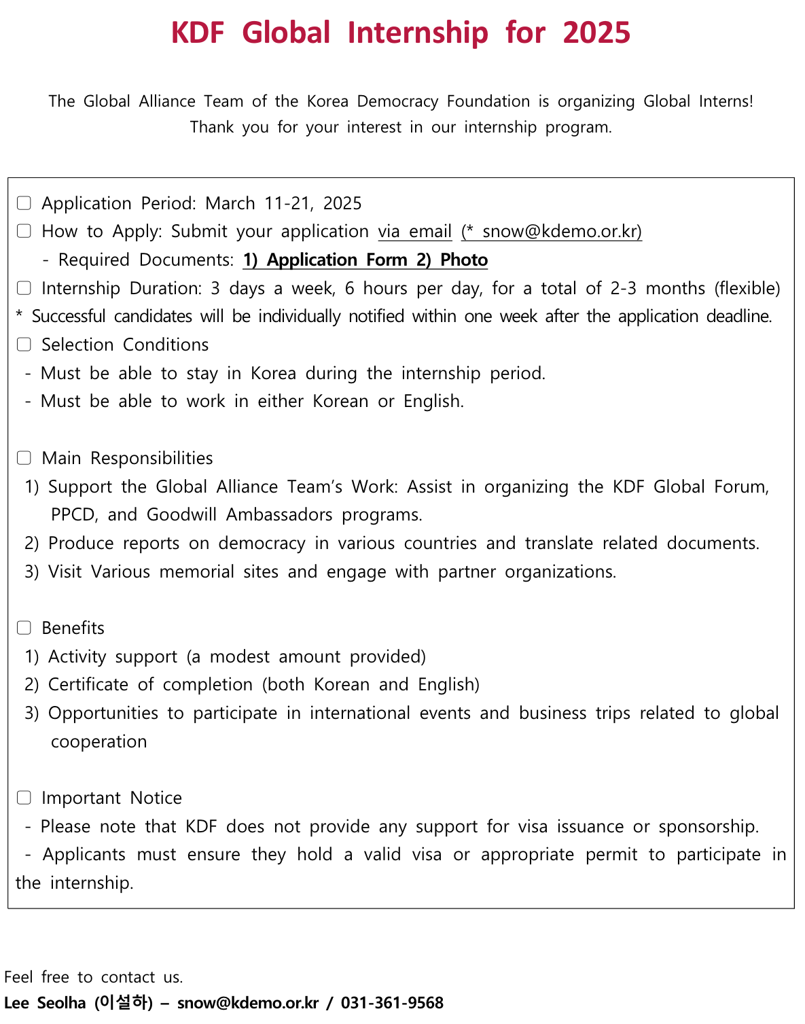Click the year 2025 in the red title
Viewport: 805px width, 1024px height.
pos(596,33)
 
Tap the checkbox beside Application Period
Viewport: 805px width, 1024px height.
pos(24,203)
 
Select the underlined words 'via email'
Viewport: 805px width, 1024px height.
pos(414,232)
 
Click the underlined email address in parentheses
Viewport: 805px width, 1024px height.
pos(552,232)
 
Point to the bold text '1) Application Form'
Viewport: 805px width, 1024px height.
pos(325,260)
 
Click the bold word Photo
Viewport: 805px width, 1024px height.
pos(464,260)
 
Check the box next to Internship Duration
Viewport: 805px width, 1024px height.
pos(24,288)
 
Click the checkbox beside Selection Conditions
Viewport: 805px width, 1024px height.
pos(24,345)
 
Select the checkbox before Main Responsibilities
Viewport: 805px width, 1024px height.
pos(24,458)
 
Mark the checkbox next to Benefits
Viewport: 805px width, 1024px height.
pos(24,628)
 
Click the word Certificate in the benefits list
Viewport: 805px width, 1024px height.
pos(88,684)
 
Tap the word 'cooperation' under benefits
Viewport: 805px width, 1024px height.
pos(99,741)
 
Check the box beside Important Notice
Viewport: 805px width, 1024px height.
pos(24,798)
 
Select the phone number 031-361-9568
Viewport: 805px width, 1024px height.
pos(392,1003)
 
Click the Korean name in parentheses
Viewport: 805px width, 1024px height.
pos(124,1002)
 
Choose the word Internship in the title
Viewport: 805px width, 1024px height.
pos(417,33)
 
